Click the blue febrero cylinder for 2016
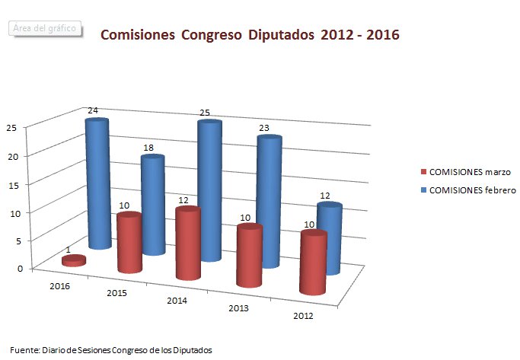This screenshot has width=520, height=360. coord(97,183)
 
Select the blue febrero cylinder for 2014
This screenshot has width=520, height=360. coord(209,190)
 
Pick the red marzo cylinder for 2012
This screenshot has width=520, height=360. coord(313,263)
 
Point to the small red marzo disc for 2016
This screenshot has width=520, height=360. coord(73,261)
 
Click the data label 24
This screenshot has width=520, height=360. coord(93,111)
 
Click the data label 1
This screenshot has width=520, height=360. coord(69,250)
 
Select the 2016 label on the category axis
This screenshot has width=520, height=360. coord(61,286)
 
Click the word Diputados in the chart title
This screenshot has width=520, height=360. coord(280,35)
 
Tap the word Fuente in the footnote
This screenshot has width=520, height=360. coord(25,349)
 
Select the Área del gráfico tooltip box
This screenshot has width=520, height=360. coord(43,27)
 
